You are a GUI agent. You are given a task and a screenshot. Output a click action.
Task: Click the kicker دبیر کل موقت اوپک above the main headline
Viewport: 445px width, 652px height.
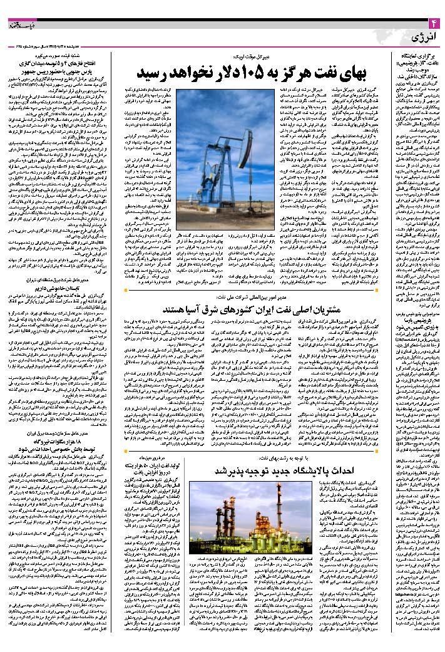coord(253,56)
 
